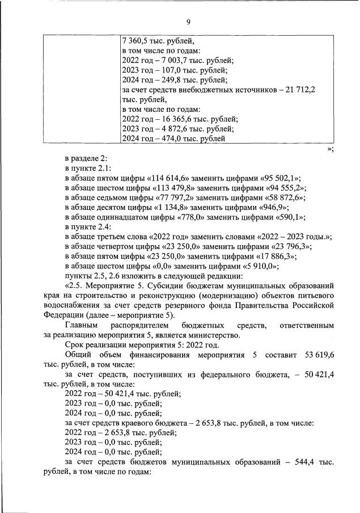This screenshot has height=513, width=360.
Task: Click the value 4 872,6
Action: point(176,128)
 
